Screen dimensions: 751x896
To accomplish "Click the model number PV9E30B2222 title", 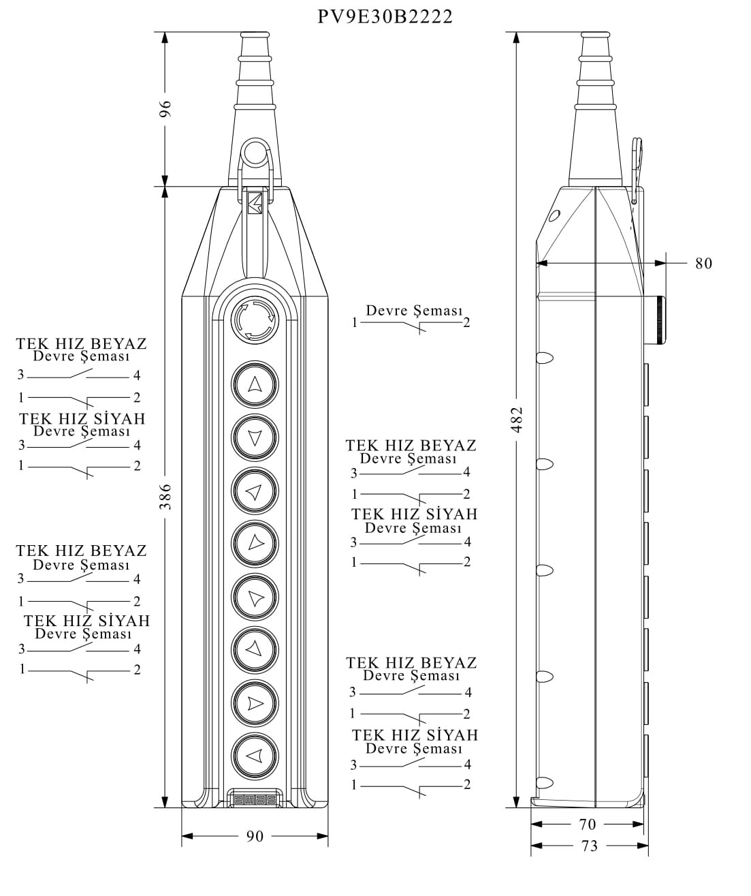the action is pos(385,17).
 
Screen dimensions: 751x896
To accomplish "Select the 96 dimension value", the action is pos(165,109).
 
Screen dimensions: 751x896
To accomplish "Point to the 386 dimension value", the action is pos(165,497).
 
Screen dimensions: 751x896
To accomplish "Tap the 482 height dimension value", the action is pos(517,420).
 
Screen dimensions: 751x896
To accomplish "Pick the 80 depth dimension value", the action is pos(703,264).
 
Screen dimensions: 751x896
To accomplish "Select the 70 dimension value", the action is pos(587,824).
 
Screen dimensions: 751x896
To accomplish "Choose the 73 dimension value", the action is pos(589,846).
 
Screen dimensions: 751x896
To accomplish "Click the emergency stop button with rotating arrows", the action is pos(255,320).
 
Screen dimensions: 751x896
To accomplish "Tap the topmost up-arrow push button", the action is pos(255,384).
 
